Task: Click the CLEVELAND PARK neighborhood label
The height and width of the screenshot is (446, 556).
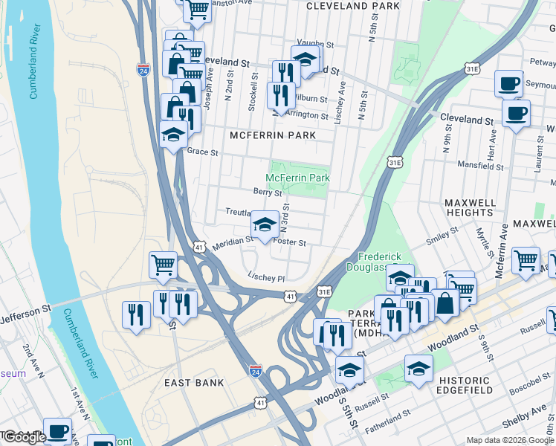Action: pos(353,6)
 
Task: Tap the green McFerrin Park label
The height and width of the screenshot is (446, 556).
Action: pos(298,178)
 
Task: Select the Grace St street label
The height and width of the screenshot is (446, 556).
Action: pos(202,152)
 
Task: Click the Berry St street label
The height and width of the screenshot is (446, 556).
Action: pos(268,192)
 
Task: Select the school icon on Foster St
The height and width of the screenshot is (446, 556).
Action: pos(264,225)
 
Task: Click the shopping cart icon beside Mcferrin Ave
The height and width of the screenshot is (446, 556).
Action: pos(526,260)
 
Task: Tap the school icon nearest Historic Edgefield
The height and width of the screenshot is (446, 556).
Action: pos(418,368)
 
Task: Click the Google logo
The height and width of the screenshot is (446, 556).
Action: pos(25,437)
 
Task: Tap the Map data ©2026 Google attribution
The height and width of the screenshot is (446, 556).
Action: pos(510,440)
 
